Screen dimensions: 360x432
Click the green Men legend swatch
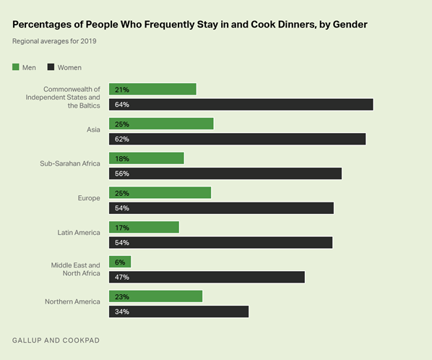pos(16,67)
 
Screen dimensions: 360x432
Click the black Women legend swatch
pos(51,67)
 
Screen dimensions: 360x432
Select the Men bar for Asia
pos(161,124)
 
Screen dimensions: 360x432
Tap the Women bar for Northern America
pos(178,312)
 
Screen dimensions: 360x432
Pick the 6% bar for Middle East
pos(120,262)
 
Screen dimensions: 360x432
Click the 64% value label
pos(120,104)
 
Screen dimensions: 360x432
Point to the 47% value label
pos(120,277)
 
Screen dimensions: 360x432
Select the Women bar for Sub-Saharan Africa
pos(225,173)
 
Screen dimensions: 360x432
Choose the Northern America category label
pos(71,301)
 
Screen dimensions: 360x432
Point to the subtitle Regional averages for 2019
pos(55,41)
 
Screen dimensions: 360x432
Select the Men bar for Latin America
pos(144,227)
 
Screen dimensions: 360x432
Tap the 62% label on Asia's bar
pos(120,139)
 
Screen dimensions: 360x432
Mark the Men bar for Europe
pos(160,192)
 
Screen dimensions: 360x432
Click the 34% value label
pos(120,312)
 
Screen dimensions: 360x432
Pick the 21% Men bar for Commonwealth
pos(152,89)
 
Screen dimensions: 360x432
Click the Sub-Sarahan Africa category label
pos(69,163)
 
